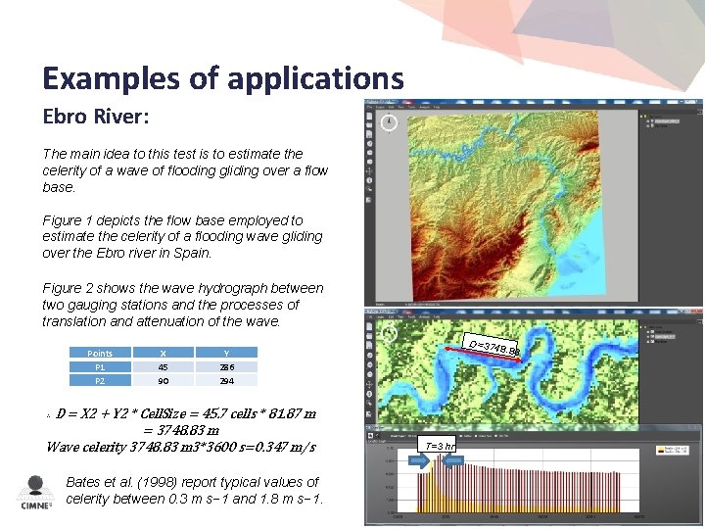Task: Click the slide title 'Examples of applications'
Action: click(222, 77)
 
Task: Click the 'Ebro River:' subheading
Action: click(96, 117)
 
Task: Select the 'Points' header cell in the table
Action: click(100, 353)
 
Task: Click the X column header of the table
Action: click(163, 353)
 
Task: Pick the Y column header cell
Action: click(226, 353)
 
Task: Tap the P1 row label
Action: click(100, 366)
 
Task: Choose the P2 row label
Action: click(100, 380)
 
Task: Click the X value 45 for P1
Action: click(163, 366)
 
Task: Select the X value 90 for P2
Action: click(163, 380)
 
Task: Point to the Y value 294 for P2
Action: click(226, 380)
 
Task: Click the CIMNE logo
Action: click(35, 493)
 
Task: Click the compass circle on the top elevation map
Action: click(389, 122)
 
